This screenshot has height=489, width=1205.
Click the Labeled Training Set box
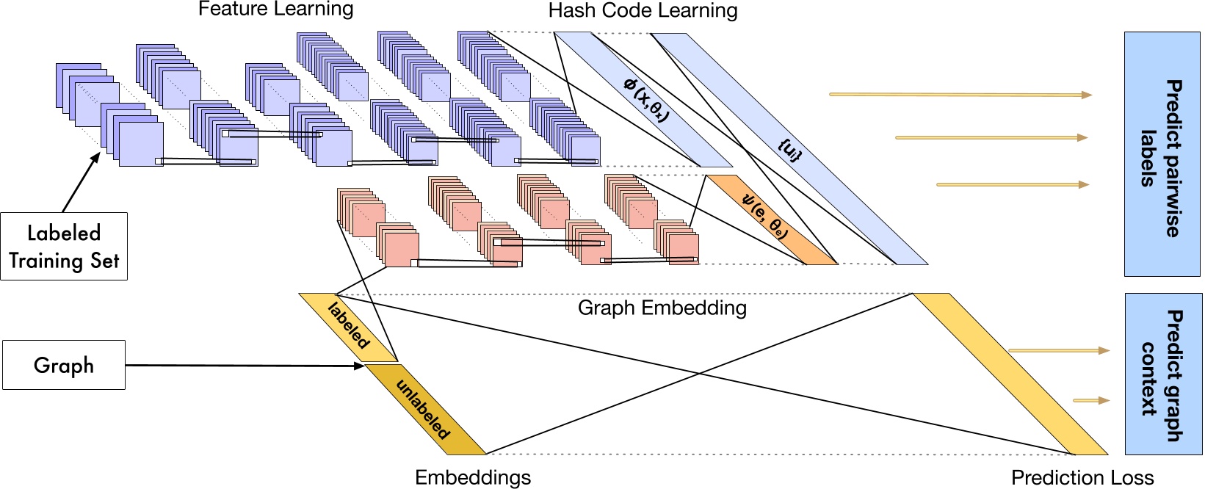coord(64,247)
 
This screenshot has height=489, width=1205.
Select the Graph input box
coord(64,365)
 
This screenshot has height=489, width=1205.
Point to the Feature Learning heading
coord(275,10)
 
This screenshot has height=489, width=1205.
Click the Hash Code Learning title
coord(643,11)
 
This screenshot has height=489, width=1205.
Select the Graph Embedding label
coord(662,308)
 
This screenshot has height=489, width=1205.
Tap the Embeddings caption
coord(472,477)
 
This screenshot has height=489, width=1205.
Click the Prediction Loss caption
coord(1082,478)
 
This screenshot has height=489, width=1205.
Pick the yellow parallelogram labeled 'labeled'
coord(348,327)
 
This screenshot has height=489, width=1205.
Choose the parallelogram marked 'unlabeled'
coord(424,409)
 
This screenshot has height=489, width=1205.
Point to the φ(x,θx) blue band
coord(643,100)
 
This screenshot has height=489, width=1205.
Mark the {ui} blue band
coord(789,150)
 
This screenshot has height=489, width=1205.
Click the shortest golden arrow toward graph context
coord(1090,401)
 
